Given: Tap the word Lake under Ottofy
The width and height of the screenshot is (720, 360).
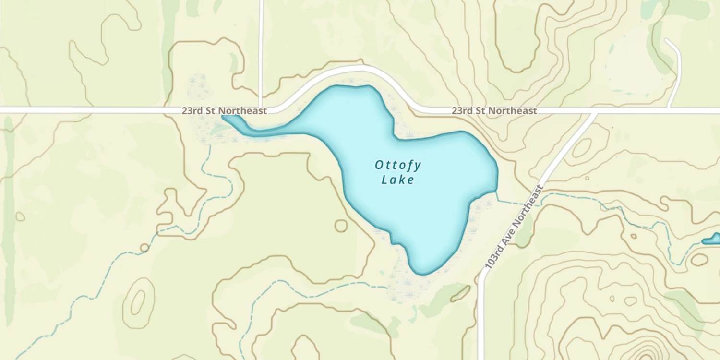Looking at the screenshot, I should click(398, 180).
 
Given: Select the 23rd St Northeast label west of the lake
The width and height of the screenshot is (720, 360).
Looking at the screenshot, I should click(224, 111).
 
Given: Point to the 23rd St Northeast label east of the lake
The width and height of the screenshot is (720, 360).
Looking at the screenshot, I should click(494, 111).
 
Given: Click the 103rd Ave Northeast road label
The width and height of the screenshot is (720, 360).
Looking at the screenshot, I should click(514, 226).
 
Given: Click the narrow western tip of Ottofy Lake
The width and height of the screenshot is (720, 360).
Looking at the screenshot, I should click(225, 117).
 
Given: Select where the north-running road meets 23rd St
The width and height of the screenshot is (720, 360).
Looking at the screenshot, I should click(261, 110).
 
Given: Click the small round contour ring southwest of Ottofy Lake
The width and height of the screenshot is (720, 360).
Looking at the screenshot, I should click(341, 226).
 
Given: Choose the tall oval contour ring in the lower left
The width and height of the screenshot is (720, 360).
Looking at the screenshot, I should click(138, 300).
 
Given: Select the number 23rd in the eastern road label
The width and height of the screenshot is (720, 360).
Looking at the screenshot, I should click(460, 111).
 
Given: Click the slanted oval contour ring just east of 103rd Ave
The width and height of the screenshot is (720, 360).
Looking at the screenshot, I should click(582, 149).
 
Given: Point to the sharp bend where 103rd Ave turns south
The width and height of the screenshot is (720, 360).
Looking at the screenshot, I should click(481, 278).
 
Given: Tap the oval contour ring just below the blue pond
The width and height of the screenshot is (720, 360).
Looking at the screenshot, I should click(699, 260).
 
